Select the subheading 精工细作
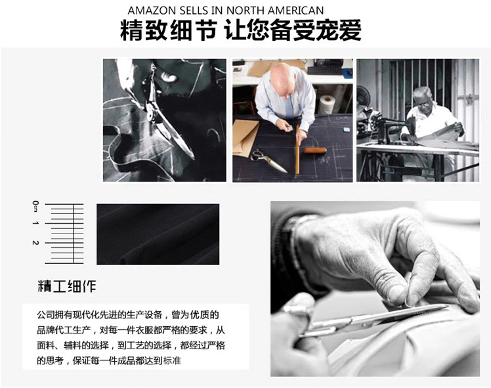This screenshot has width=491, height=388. (x=67, y=286)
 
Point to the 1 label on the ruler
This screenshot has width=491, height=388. (x=35, y=223)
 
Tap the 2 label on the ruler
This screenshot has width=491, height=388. (x=35, y=243)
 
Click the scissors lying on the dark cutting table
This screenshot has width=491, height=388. (x=268, y=161)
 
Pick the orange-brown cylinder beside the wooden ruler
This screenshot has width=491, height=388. (x=315, y=150)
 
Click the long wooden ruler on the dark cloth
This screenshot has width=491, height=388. (x=297, y=150)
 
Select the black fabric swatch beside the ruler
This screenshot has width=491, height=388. (x=158, y=234)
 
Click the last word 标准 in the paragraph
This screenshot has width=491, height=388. (x=172, y=361)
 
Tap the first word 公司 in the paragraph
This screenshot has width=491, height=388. (x=46, y=314)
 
